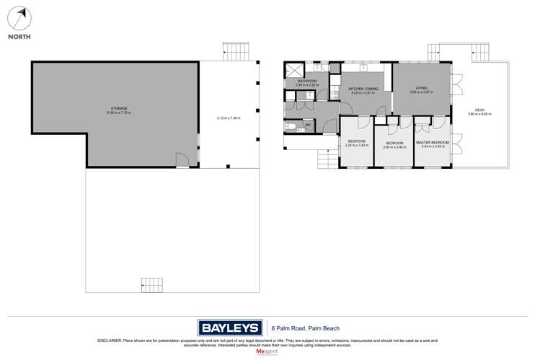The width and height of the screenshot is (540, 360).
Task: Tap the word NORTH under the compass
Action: tap(19, 36)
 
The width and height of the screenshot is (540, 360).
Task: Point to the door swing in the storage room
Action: tap(182, 159)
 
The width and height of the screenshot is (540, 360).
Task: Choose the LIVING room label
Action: tap(421, 88)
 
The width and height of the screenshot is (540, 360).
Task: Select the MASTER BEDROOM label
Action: tap(433, 143)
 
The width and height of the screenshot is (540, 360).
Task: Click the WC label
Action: tap(308, 126)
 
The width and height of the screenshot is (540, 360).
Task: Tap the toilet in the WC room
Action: tap(293, 126)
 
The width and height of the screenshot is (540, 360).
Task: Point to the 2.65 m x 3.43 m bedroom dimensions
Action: tap(394, 146)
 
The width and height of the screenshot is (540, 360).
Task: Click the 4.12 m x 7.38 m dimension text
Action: tap(229, 118)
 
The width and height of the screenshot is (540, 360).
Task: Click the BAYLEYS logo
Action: tap(229, 326)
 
